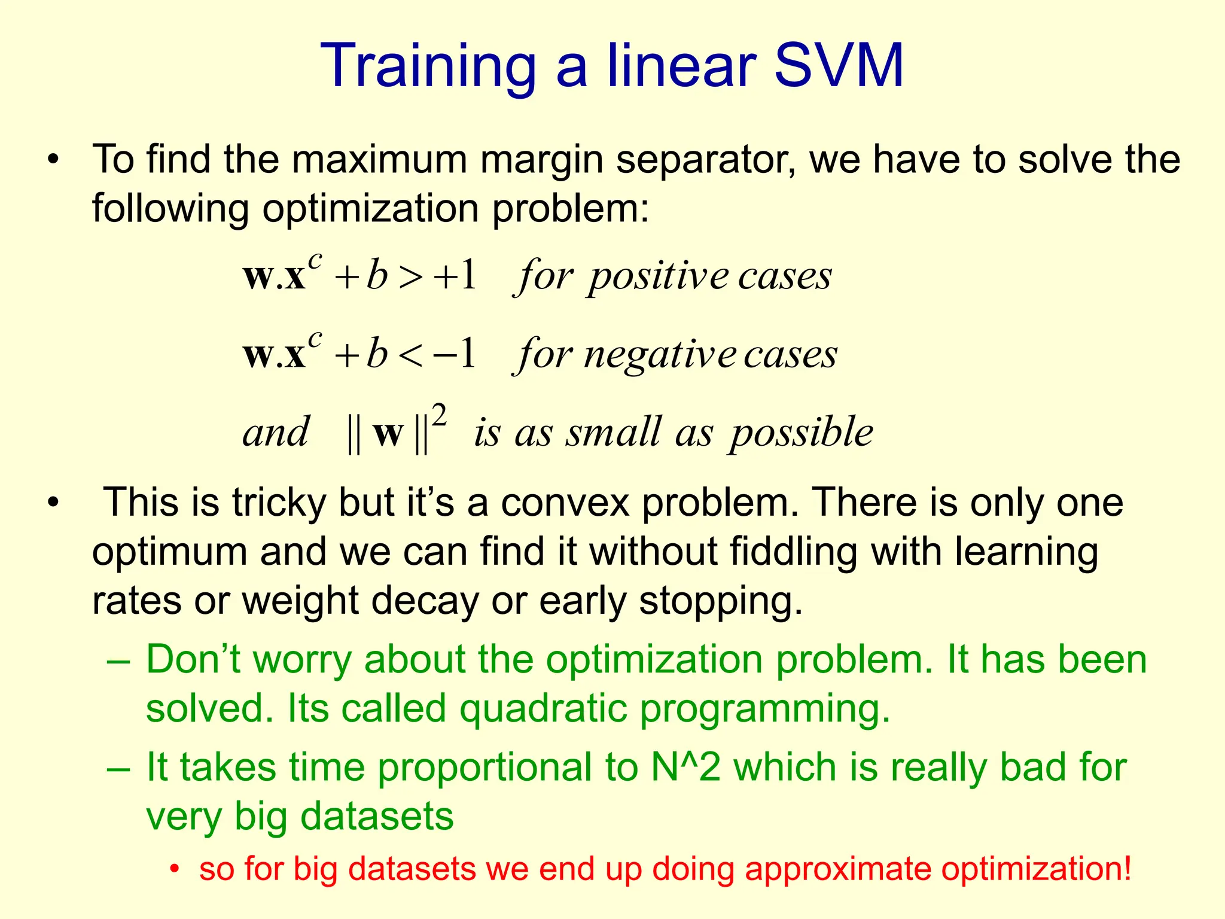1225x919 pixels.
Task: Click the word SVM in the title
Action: click(839, 66)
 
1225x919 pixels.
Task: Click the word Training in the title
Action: click(428, 67)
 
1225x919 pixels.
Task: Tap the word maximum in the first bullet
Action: click(379, 160)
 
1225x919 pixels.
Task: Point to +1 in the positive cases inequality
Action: click(456, 276)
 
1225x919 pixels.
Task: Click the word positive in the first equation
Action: click(658, 277)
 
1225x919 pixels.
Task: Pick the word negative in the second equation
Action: click(660, 355)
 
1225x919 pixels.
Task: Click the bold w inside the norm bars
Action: click(388, 433)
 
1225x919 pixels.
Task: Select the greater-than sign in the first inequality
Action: click(411, 277)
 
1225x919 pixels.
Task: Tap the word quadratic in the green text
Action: click(543, 708)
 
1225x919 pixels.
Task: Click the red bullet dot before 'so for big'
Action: click(174, 869)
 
